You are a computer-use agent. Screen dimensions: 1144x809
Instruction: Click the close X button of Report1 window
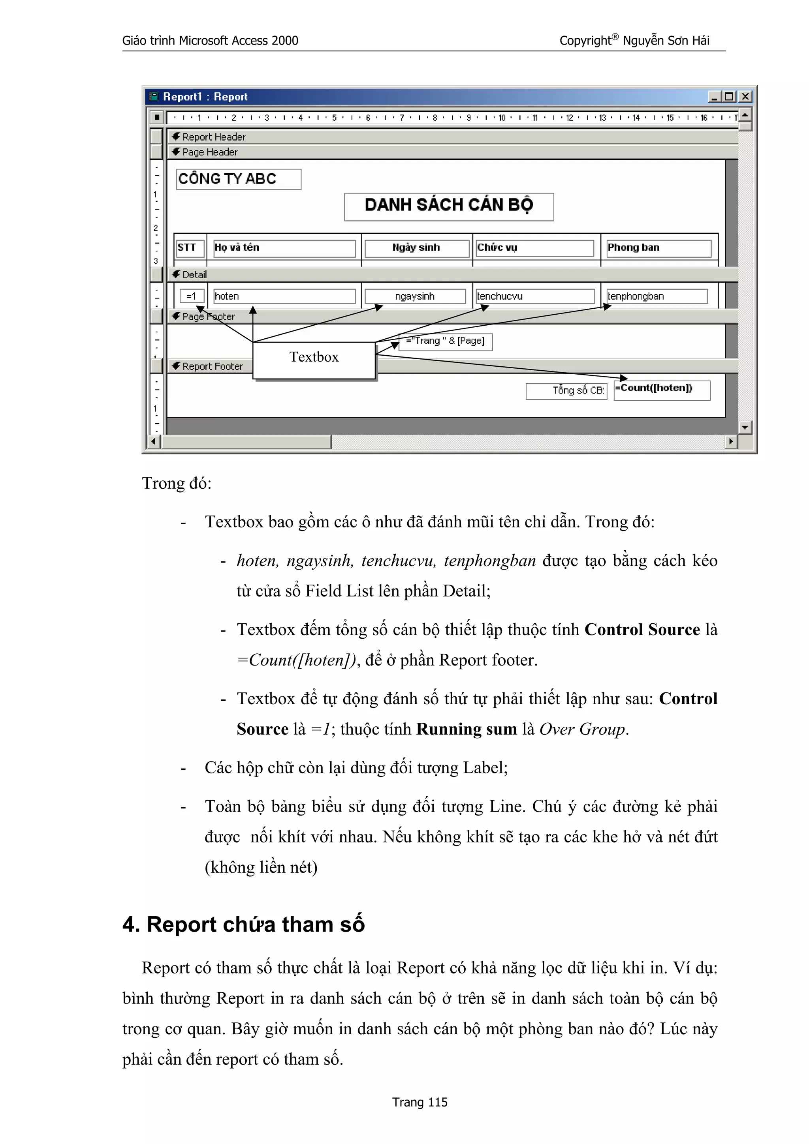click(x=745, y=97)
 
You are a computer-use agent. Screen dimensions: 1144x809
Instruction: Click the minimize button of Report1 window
click(x=714, y=97)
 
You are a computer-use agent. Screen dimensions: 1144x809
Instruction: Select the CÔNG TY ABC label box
click(x=238, y=179)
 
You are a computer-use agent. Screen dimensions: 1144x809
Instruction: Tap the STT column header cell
click(x=190, y=248)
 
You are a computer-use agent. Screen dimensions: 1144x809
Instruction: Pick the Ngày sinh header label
click(x=416, y=248)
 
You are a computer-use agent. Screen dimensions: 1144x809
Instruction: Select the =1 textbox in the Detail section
click(x=192, y=296)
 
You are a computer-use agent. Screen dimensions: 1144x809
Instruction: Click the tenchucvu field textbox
click(x=534, y=296)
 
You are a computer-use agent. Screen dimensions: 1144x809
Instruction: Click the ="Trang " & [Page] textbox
click(x=445, y=341)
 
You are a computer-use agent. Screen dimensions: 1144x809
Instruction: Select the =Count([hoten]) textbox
click(x=661, y=389)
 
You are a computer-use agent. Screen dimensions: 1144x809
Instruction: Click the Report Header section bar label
click(x=214, y=137)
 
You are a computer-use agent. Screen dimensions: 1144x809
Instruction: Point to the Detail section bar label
click(x=194, y=274)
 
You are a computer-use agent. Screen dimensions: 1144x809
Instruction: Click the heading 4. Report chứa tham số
click(x=243, y=924)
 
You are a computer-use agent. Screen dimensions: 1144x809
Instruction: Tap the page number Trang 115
click(x=420, y=1102)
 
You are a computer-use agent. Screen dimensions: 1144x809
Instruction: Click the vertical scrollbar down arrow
click(x=745, y=427)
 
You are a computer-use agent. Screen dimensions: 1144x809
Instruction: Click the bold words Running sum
click(x=467, y=729)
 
